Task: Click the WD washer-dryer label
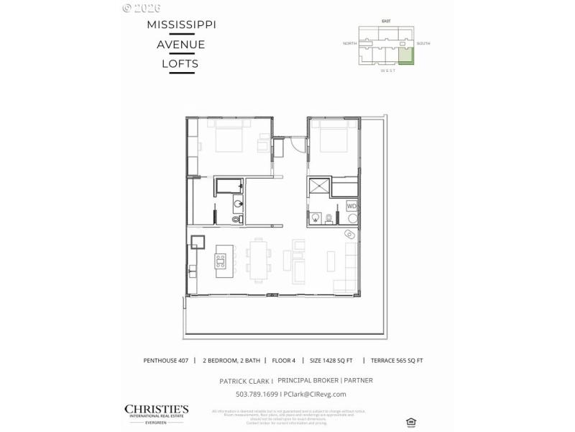(x=351, y=206)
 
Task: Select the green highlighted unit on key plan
(x=407, y=56)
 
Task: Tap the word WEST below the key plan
(x=387, y=71)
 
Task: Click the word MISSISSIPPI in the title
(x=181, y=24)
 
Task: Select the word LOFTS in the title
(x=180, y=63)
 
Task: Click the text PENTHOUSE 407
(x=165, y=360)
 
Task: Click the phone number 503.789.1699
(x=258, y=394)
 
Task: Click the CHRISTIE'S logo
(x=157, y=411)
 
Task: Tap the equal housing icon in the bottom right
(x=410, y=420)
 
